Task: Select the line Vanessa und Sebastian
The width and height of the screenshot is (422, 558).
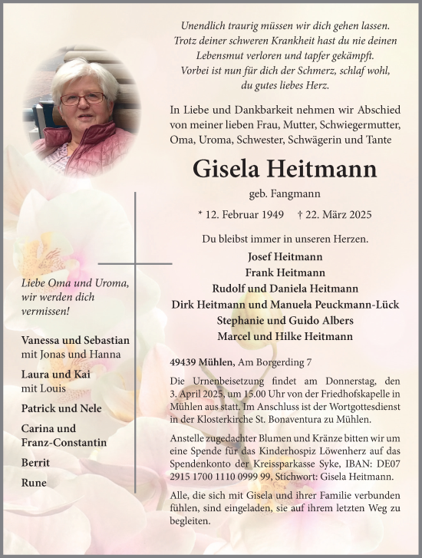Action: pos(76,341)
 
